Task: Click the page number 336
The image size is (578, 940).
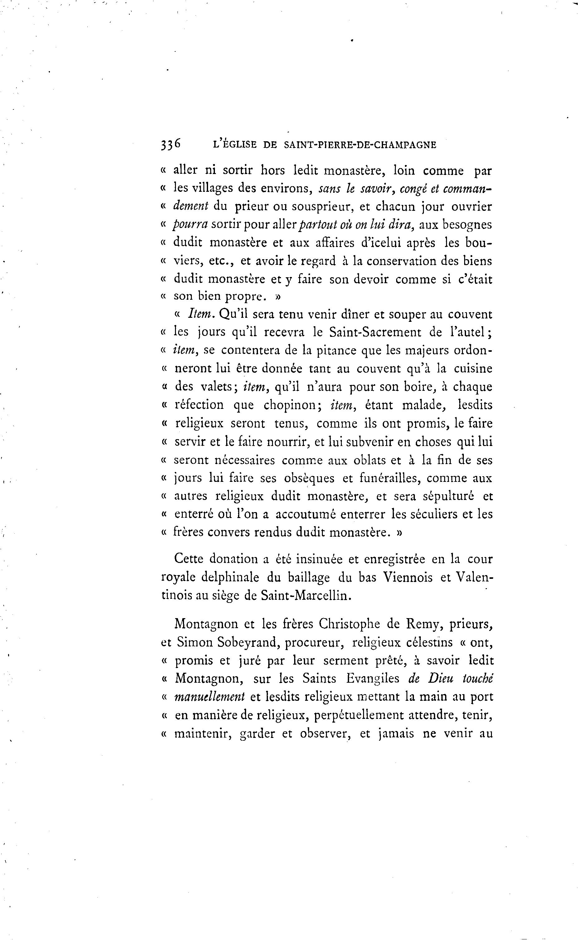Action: click(x=171, y=144)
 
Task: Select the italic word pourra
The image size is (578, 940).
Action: click(x=190, y=225)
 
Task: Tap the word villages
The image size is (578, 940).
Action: click(x=211, y=188)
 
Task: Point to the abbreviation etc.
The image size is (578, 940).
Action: click(x=221, y=261)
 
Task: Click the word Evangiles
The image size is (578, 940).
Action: click(x=373, y=679)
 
